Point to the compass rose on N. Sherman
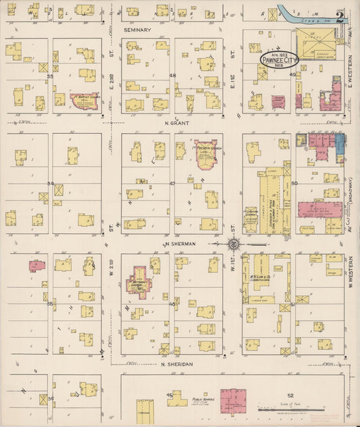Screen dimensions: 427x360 tap(232, 244)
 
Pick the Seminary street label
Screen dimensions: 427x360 tap(136, 30)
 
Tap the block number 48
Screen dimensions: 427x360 tap(172, 76)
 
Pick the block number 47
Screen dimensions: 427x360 tap(172, 183)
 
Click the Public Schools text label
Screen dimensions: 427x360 tap(203, 399)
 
